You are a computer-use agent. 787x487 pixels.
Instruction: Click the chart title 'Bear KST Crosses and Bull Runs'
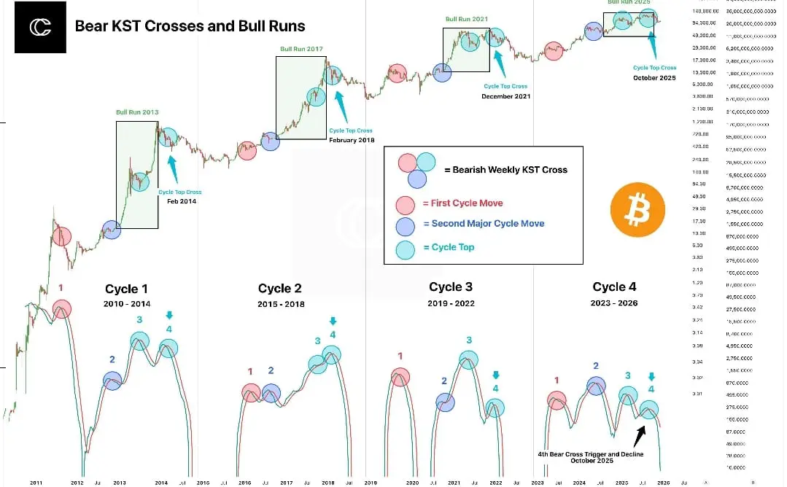coord(190,26)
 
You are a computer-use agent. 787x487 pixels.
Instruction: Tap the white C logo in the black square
coord(40,28)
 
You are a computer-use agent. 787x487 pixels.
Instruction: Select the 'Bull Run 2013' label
coord(137,112)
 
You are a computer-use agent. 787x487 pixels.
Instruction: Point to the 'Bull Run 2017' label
coord(301,49)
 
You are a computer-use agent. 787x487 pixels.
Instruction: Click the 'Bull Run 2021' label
coord(466,19)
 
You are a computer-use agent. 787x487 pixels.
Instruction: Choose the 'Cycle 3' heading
coord(450,287)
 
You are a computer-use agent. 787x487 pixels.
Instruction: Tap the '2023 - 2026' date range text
coord(614,303)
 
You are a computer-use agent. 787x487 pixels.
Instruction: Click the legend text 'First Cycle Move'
coord(462,203)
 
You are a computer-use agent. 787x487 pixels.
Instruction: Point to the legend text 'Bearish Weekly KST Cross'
coord(505,169)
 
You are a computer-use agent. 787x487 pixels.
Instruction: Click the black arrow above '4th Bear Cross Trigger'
coord(640,435)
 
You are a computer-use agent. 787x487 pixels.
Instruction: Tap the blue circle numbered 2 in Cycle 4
coord(596,386)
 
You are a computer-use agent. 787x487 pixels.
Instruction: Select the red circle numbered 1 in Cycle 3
coord(400,377)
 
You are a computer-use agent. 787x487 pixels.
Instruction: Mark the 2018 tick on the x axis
coord(327,483)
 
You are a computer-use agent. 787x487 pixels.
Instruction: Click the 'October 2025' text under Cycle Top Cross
coord(655,78)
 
